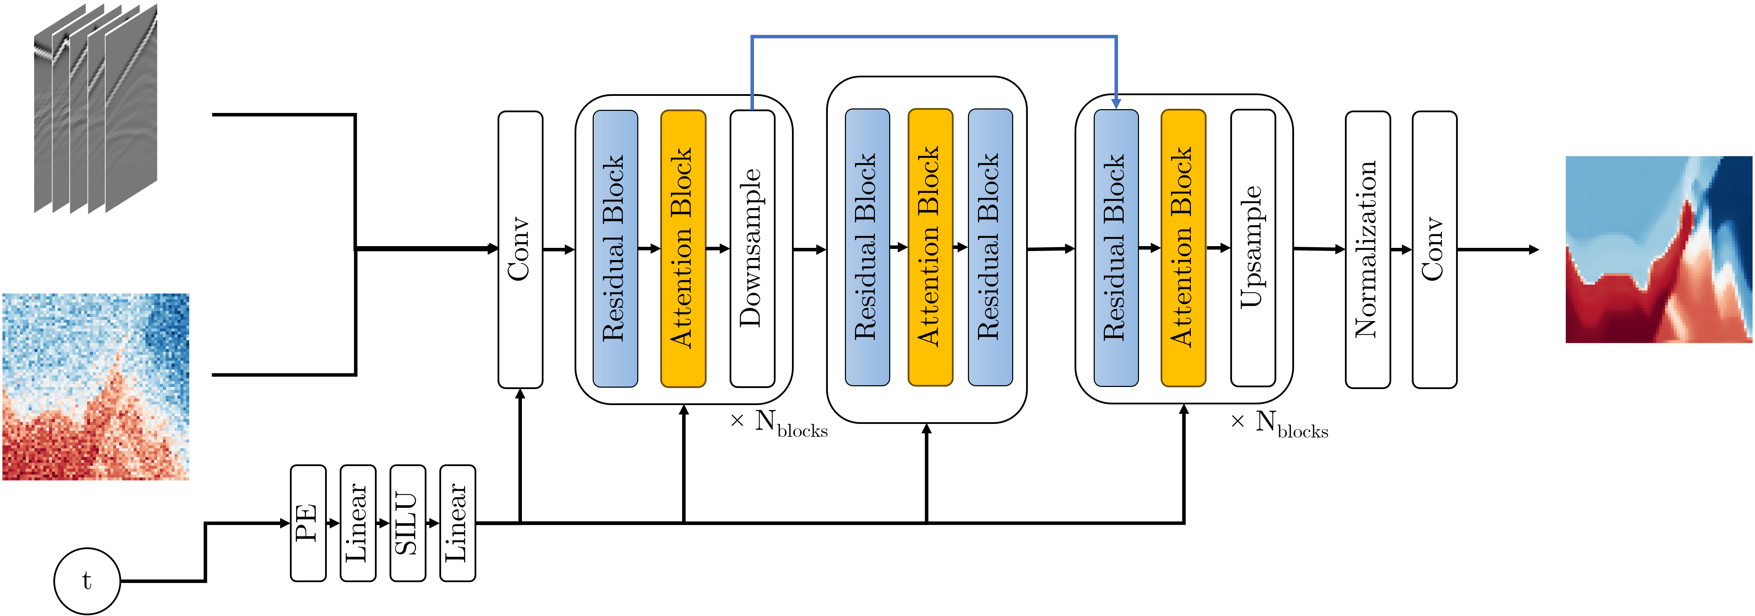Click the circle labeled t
coord(87,580)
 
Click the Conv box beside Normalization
coord(1434,249)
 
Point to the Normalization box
coord(1367,249)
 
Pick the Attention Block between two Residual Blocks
coord(930,248)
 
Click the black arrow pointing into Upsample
coord(1219,248)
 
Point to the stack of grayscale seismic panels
coord(95,109)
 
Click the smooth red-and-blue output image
coord(1658,249)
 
